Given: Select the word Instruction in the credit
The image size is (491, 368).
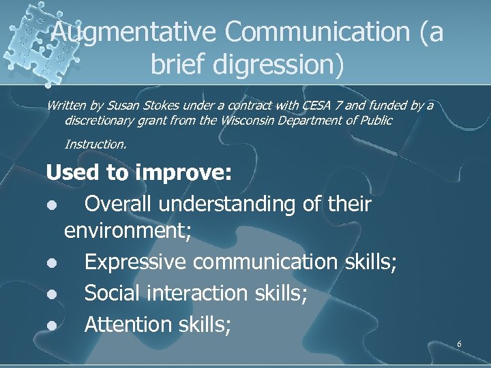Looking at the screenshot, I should coord(95,144).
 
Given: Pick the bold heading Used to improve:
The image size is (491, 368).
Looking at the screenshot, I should coord(139,173).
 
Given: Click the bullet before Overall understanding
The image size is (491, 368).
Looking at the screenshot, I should coord(52,205).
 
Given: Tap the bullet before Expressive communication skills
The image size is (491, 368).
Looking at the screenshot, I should coord(52,263).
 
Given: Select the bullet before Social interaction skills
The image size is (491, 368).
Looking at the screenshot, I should coord(52,294).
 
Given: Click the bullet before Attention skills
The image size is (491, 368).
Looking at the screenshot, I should coord(52,325).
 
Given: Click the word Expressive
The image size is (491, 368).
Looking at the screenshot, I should coord(136,262).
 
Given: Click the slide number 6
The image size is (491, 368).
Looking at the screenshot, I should coord(459,344).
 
